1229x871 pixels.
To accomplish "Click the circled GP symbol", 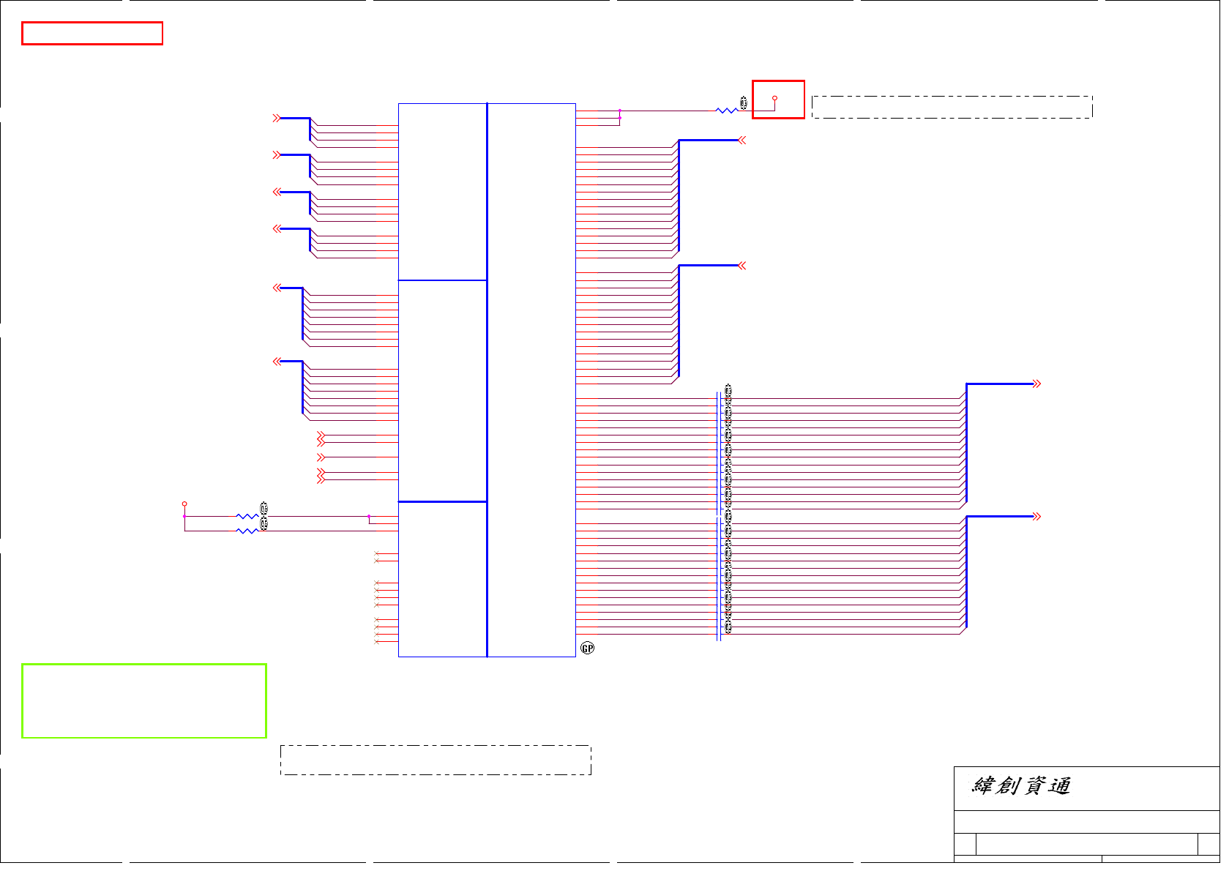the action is click(587, 648).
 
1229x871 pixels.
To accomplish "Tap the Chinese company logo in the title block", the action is click(1021, 786).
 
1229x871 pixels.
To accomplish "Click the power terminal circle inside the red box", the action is click(774, 98).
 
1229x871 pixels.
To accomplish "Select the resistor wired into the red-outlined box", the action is click(726, 111).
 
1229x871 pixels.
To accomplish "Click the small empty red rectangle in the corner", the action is click(92, 34).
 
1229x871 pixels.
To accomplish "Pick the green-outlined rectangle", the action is click(144, 700).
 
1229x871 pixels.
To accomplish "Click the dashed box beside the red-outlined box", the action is click(952, 107).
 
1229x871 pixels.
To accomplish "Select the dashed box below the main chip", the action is click(436, 760).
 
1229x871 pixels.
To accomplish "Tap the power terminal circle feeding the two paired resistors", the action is click(184, 504).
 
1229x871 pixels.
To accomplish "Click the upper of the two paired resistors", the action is click(247, 517).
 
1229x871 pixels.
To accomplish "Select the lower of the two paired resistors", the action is click(247, 531).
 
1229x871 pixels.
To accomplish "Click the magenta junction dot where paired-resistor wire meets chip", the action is click(369, 517).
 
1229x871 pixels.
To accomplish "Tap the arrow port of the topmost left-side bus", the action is click(277, 118).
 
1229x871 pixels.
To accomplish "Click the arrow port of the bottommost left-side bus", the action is click(277, 362).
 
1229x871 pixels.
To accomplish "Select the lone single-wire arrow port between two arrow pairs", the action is click(321, 457).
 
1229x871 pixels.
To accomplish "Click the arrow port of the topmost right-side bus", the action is click(742, 141).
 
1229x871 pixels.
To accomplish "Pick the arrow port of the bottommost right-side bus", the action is click(1036, 517).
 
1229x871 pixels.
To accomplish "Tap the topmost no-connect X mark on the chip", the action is click(376, 553).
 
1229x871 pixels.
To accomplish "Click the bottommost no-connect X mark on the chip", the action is click(376, 642).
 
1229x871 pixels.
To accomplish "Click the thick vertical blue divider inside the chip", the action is click(487, 381).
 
